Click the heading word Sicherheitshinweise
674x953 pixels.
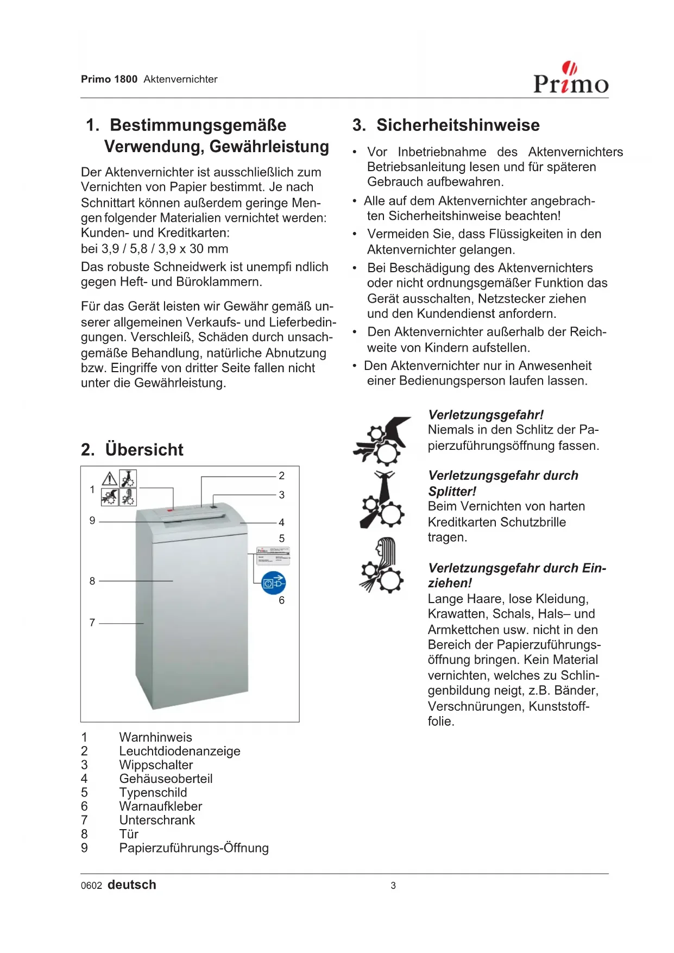(x=458, y=125)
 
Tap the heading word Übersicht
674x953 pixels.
(x=144, y=450)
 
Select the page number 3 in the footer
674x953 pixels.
(x=393, y=886)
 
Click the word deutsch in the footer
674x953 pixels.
(x=132, y=885)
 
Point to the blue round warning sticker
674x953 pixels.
(x=274, y=583)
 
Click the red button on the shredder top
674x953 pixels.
(x=170, y=510)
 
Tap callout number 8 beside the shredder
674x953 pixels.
(x=92, y=581)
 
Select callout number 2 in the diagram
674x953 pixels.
(x=281, y=476)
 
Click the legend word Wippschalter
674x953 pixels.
(x=156, y=765)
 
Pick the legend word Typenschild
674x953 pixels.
(x=153, y=793)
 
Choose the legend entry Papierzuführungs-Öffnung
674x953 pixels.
(x=194, y=848)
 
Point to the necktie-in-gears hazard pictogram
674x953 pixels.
(x=382, y=500)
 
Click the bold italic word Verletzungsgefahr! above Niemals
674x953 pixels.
(x=486, y=415)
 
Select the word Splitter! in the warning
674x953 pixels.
(x=452, y=492)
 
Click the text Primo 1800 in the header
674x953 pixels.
(x=109, y=79)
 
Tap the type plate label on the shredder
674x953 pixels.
(x=273, y=556)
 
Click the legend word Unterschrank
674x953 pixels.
(x=157, y=820)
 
